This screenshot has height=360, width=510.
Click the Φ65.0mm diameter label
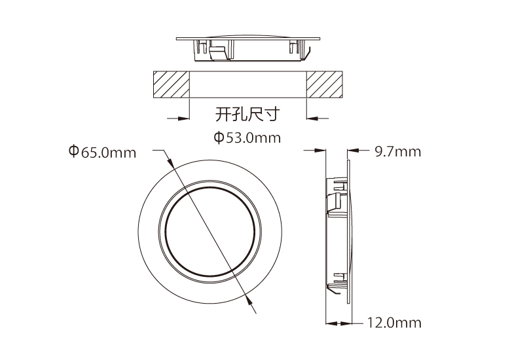coord(102,152)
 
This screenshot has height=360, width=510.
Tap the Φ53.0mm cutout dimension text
coord(247,137)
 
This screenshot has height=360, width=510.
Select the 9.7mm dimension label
coord(398,152)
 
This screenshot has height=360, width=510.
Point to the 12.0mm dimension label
coord(394,323)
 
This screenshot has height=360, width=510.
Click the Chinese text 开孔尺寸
coord(247,114)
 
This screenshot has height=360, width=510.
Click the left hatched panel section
coord(172,84)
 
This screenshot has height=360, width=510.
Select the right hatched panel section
coord(324,84)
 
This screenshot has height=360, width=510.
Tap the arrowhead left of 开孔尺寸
coord(183,118)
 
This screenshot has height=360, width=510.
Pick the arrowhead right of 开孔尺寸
coord(313,118)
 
